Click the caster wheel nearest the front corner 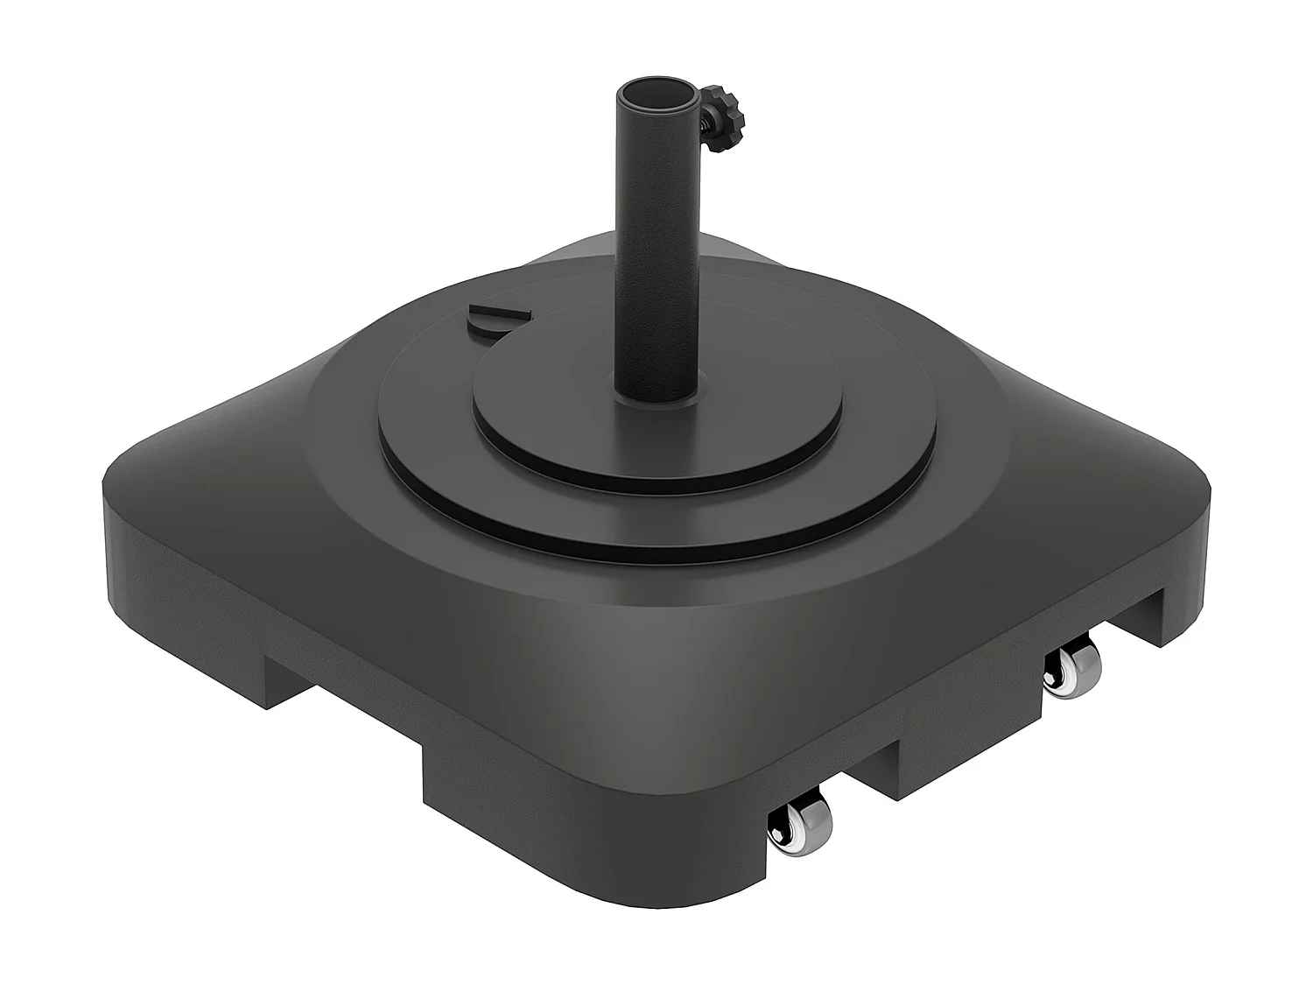pos(800,831)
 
